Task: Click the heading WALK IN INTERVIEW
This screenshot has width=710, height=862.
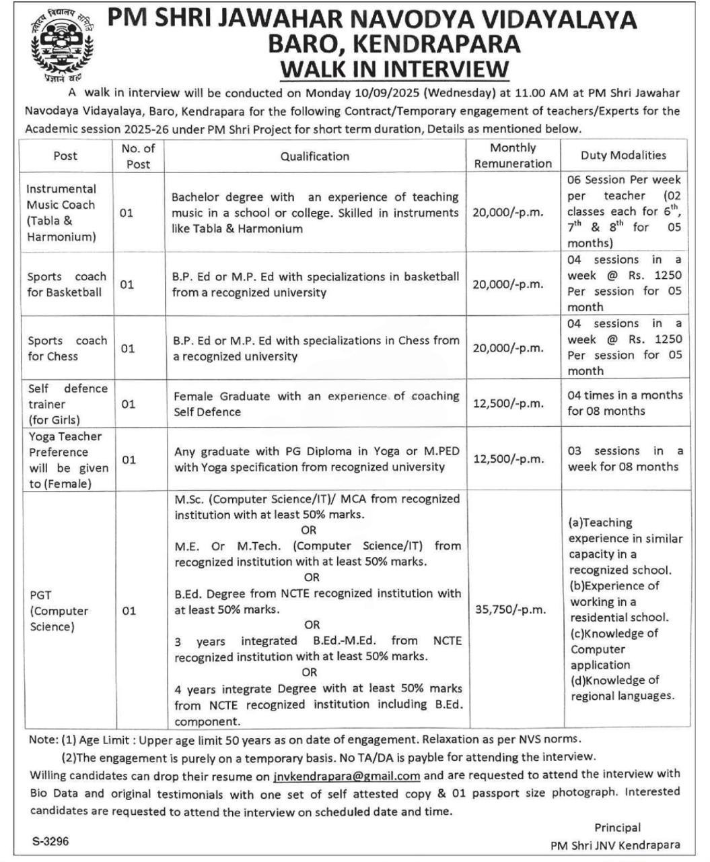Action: pyautogui.click(x=394, y=69)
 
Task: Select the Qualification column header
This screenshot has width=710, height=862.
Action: pyautogui.click(x=315, y=156)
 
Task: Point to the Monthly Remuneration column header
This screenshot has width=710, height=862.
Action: pyautogui.click(x=513, y=156)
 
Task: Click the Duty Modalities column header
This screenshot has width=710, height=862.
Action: pyautogui.click(x=623, y=156)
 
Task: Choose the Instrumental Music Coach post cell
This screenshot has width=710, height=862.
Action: pyautogui.click(x=61, y=213)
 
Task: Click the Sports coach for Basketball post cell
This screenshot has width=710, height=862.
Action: pyautogui.click(x=67, y=284)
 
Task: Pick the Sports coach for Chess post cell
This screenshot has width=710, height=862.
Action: pyautogui.click(x=67, y=348)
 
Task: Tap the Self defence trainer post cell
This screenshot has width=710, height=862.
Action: pyautogui.click(x=67, y=404)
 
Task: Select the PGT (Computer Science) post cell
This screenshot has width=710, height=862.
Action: pyautogui.click(x=59, y=611)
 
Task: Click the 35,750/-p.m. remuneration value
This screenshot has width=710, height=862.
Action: pyautogui.click(x=510, y=609)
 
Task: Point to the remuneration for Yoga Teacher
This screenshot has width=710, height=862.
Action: pyautogui.click(x=508, y=459)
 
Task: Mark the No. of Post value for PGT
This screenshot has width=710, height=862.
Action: pyautogui.click(x=128, y=611)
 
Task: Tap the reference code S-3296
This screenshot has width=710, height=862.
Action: pyautogui.click(x=50, y=842)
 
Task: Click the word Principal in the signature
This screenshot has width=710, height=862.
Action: pyautogui.click(x=617, y=828)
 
